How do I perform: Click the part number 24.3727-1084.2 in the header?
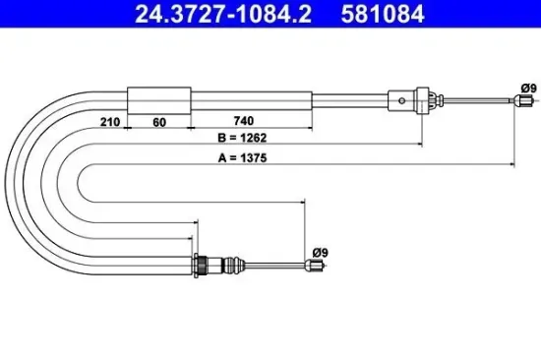223,14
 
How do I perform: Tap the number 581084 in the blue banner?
383,14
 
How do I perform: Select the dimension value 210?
110,122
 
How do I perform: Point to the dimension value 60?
159,122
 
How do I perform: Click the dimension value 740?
244,121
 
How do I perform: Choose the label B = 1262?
242,138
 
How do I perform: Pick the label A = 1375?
243,158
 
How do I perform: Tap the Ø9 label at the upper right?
529,89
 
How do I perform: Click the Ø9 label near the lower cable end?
321,253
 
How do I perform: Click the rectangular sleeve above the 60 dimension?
159,100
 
